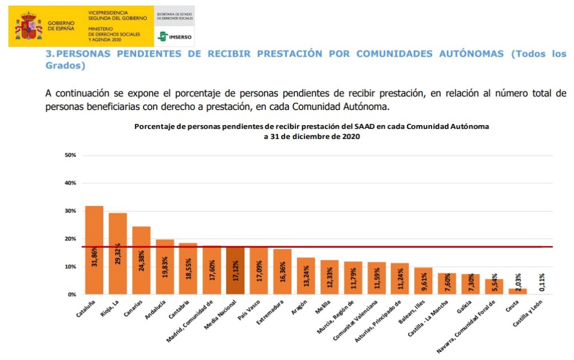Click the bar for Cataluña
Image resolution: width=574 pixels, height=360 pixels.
pos(94,250)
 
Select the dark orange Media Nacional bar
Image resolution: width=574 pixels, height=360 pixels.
pos(235,270)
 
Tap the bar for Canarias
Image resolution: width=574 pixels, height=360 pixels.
pos(141,260)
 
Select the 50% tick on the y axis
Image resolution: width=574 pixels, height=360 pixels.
pos(71,155)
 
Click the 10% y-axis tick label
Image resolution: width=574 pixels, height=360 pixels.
pos(71,267)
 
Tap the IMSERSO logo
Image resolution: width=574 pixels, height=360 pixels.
pos(175,36)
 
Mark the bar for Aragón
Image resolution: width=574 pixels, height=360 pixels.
pos(306,276)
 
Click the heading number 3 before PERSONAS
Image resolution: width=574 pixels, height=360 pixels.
pos(48,54)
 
